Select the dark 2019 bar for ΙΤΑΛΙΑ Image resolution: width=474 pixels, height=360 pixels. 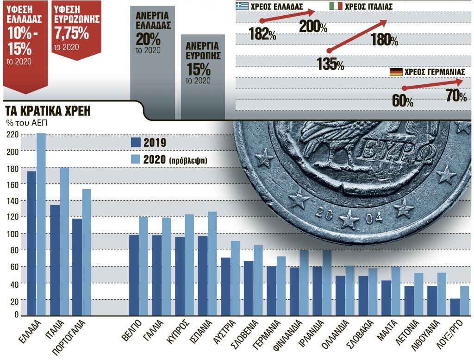(x=55, y=260)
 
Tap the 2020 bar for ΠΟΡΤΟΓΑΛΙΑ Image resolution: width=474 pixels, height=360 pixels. (x=87, y=252)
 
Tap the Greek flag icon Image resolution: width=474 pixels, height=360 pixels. (x=241, y=6)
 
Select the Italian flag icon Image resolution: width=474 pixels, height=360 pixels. (x=336, y=6)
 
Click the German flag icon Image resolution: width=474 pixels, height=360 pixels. (x=396, y=72)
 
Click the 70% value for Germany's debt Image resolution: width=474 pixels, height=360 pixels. (x=456, y=96)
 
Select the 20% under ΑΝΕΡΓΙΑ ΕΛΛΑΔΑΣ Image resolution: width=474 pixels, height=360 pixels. (x=148, y=38)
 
